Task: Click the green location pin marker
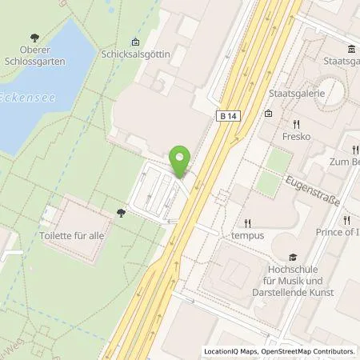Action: [181, 160]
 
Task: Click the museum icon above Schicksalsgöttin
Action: [134, 42]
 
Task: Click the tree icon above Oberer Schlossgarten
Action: [34, 37]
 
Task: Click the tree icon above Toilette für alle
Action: [120, 212]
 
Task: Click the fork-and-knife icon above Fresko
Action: [295, 124]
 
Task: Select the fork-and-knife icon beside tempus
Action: [247, 223]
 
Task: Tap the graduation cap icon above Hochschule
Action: [294, 258]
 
